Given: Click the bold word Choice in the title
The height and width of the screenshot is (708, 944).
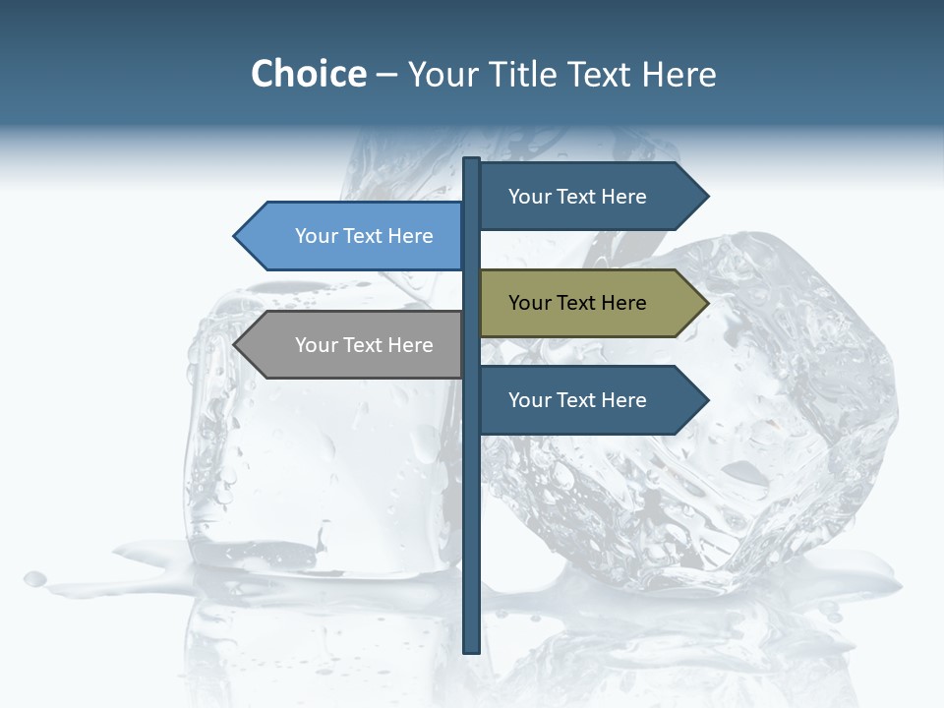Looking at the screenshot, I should [x=308, y=74].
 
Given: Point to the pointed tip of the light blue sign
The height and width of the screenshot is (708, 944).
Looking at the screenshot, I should [x=236, y=236].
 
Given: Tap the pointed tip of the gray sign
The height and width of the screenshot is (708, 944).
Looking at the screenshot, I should [x=236, y=345].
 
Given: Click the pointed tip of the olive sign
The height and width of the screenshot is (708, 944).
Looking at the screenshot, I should [x=706, y=303].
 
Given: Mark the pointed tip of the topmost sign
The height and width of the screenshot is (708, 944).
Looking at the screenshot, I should [x=706, y=197].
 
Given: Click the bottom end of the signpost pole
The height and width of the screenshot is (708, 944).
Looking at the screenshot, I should [x=472, y=650].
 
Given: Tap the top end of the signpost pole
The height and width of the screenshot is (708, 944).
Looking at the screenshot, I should [x=472, y=160].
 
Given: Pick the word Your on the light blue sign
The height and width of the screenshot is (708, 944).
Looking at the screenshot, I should [x=316, y=236].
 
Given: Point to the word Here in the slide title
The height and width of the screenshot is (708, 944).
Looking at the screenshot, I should [x=679, y=74].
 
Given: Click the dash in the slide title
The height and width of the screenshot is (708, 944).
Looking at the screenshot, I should [x=386, y=75].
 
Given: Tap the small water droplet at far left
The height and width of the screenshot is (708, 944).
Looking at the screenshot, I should [x=35, y=579].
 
